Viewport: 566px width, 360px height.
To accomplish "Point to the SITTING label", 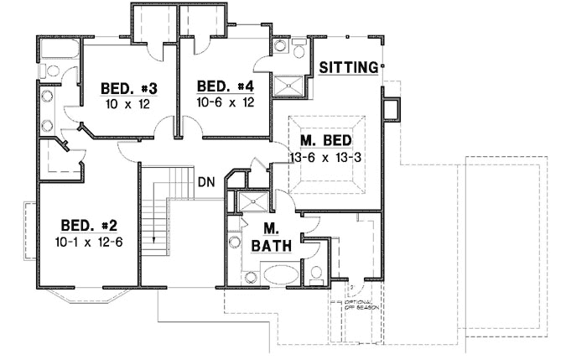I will coord(349,68).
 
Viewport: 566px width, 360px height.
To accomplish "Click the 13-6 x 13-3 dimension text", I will coord(325,157).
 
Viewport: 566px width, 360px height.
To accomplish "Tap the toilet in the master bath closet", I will coord(317,273).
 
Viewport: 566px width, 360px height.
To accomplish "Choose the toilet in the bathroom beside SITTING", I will coord(299,49).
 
